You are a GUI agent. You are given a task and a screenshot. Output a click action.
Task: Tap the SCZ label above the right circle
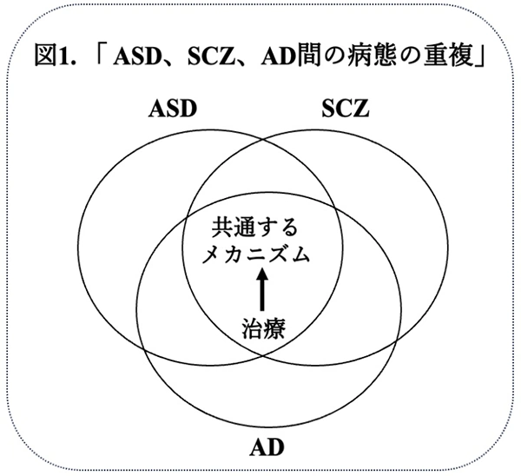346,110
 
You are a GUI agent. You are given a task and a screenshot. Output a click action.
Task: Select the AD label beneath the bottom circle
266,449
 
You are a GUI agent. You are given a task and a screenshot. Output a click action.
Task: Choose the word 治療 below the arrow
263,329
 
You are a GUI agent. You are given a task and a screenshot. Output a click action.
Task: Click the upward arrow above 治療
263,291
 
